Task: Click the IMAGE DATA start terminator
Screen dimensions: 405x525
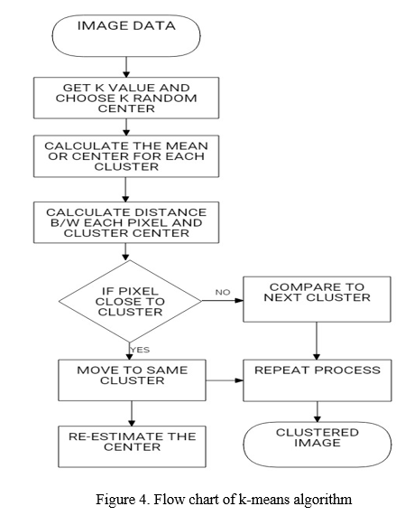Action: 126,35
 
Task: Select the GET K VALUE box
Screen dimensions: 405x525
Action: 126,98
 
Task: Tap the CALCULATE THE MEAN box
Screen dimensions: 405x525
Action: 126,156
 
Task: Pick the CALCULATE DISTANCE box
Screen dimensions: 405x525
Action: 126,222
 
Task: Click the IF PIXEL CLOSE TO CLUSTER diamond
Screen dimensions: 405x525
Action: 130,301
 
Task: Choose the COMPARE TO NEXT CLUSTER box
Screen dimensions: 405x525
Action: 317,299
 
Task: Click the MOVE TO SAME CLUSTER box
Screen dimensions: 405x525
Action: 132,380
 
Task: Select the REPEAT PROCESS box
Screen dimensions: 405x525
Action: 318,380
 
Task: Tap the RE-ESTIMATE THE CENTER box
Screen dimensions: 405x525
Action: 132,446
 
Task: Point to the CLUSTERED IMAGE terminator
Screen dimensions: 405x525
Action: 318,444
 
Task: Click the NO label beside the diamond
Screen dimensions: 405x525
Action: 223,292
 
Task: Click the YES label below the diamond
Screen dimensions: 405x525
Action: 140,350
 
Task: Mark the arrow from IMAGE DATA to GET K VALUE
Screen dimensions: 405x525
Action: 126,67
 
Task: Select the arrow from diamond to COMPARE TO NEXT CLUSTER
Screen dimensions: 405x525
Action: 223,301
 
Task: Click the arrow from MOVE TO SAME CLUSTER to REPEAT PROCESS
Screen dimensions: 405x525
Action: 225,380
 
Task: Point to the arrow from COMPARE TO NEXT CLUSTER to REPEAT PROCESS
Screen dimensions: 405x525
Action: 317,342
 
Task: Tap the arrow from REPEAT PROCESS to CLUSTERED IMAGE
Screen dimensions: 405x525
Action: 318,412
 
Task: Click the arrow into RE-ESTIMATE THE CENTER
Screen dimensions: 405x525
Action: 132,414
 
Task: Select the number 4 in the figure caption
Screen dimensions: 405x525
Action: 142,500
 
